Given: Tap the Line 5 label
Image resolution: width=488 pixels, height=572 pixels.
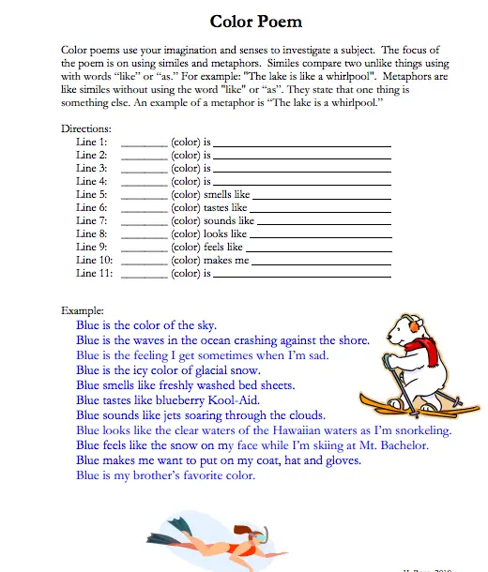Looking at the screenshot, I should pos(92,194).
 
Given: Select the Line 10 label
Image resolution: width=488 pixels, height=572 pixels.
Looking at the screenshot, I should pos(95,260).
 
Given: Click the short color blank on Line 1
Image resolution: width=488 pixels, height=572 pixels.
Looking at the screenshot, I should pos(145,143).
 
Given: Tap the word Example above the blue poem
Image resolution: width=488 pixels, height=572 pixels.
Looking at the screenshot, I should pos(83,309).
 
